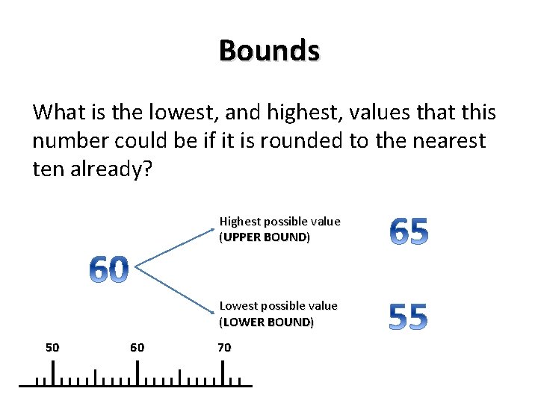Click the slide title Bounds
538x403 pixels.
pos(269,51)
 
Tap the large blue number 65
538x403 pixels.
pos(409,233)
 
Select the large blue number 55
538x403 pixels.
pos(408,317)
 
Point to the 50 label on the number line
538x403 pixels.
pos(52,347)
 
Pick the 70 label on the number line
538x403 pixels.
pos(224,347)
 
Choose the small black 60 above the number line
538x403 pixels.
pos(137,347)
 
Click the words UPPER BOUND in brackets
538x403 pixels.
pos(265,237)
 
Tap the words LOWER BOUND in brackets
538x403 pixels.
pos(267,322)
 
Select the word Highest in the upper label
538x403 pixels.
pos(240,222)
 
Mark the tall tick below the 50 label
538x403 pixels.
pos(52,372)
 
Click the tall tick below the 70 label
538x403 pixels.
pos(223,372)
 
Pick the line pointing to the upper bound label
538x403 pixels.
pos(172,246)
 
